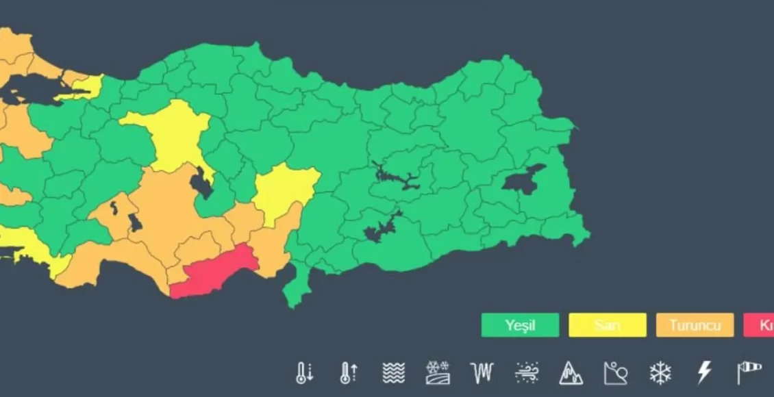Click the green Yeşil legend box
point(520,325)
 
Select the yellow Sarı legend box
point(607,325)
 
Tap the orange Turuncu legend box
point(695,325)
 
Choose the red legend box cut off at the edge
point(759,325)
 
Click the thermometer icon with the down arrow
point(305,372)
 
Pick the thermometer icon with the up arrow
point(349,372)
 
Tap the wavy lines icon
point(393,372)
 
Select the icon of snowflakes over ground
point(437,372)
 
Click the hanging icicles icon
point(482,372)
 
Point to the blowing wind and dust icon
point(526,372)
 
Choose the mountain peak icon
point(571,372)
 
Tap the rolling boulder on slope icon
point(615,372)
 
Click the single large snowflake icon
point(660,372)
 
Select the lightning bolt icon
point(704,372)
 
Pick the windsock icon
point(749,372)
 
